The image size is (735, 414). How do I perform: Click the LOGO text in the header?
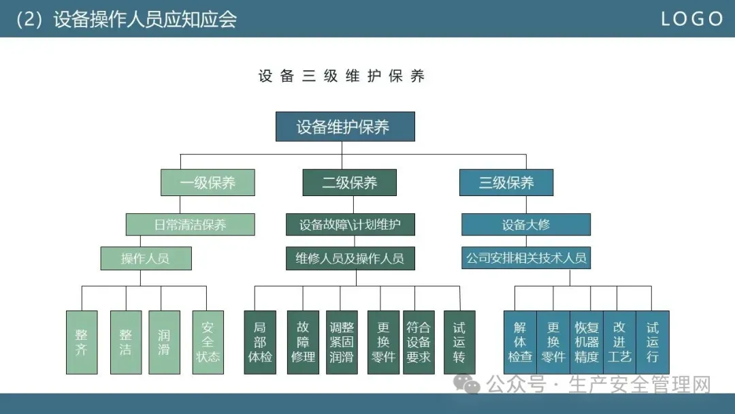coord(692,19)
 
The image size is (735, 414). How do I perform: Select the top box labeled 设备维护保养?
coord(345,127)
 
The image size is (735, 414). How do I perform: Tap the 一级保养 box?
coord(208,182)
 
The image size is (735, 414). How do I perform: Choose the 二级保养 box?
coord(349,182)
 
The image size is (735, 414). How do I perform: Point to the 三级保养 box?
coord(506,182)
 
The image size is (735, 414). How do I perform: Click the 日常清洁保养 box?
coord(190,224)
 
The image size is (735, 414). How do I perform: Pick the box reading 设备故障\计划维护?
coord(350,224)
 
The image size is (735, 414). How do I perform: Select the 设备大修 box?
coord(525,224)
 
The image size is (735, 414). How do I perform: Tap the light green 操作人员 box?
coord(146,258)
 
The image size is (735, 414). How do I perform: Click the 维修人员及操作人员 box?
coord(350,258)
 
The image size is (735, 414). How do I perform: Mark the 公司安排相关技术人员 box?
coord(525,258)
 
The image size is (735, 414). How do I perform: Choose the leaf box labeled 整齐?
coord(82,343)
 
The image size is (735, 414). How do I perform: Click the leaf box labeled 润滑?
coord(164,343)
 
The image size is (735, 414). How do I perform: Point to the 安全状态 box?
coord(208,343)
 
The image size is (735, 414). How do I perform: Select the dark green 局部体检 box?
coord(260,343)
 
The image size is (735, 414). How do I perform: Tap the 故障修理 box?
coord(303,343)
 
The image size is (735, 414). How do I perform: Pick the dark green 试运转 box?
coord(459,343)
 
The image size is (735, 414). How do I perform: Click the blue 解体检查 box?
coord(520,343)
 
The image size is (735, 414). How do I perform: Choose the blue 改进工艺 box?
coord(619,343)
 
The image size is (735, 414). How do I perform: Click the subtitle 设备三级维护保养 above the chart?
coord(342,76)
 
